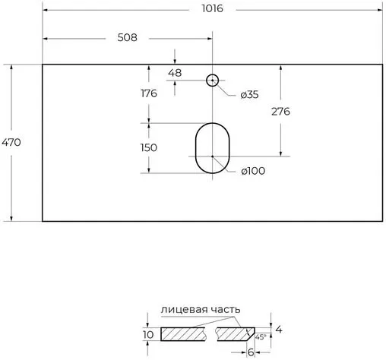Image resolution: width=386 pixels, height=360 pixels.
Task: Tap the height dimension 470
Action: coord(11,142)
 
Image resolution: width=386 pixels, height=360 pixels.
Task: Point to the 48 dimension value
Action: coord(175,74)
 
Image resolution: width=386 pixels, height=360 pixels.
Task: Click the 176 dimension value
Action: coord(148,93)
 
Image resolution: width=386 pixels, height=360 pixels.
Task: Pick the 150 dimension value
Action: coord(148,147)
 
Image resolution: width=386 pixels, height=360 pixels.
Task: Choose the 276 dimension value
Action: coord(280,111)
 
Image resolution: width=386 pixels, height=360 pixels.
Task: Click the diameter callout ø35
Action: coord(249,94)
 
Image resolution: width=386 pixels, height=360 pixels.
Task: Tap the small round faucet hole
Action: coord(213,79)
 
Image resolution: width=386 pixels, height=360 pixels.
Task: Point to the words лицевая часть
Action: coord(201,309)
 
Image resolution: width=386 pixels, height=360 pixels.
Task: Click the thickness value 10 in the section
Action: coord(148,334)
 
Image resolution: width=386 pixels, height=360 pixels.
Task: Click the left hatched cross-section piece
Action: coord(182,333)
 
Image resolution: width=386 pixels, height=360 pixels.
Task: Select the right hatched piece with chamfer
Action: coord(236,333)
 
